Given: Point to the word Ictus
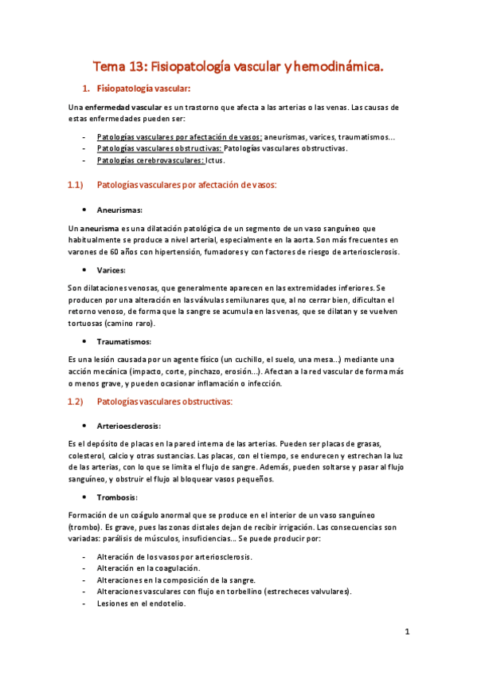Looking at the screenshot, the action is click(216, 160).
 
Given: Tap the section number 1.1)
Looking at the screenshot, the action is click(76, 185).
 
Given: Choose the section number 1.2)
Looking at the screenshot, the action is click(76, 402).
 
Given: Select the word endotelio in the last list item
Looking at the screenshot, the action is click(166, 603).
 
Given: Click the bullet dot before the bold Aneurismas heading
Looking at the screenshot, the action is click(83, 210).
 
